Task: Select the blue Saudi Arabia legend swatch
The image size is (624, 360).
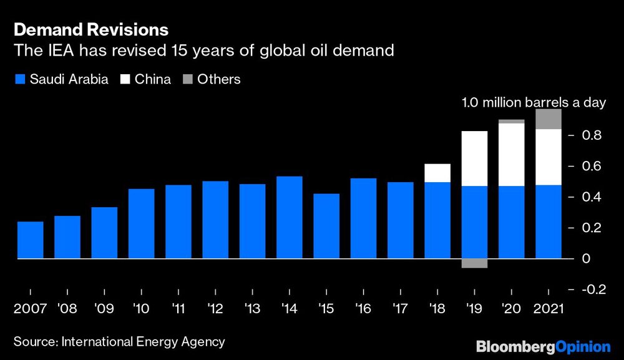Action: point(20,79)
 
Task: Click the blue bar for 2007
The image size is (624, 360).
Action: point(31,240)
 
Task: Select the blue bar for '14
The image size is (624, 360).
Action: point(290,217)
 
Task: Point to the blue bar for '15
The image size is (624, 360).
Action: point(326,226)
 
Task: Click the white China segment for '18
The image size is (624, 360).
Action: point(437,173)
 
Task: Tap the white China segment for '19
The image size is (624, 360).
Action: point(474,158)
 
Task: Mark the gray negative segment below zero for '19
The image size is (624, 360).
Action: point(474,263)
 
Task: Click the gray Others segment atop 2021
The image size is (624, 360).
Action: point(548,119)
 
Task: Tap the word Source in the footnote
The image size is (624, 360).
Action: point(35,342)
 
